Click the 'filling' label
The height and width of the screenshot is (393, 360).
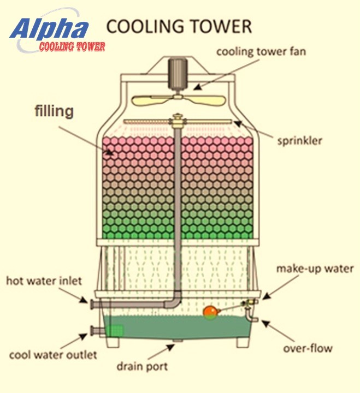[54, 112]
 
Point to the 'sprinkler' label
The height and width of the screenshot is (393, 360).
[299, 140]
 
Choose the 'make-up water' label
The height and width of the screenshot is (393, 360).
[315, 269]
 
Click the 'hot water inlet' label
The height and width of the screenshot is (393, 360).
[44, 282]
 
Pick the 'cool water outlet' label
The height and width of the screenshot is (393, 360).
[53, 355]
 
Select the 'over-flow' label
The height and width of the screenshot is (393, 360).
[308, 348]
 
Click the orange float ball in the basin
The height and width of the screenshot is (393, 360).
[210, 312]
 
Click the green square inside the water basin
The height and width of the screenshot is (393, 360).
[114, 330]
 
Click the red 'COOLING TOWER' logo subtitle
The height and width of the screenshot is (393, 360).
[72, 47]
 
